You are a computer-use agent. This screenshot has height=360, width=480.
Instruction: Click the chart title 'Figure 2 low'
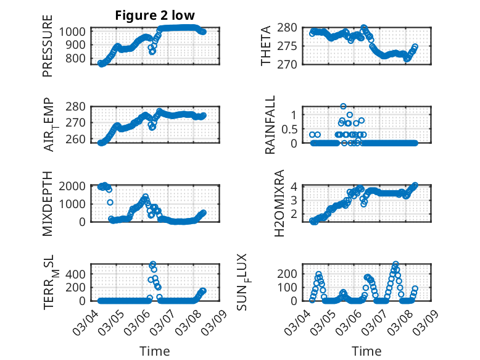[x=155, y=15]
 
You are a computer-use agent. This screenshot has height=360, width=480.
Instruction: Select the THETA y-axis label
[x=266, y=46]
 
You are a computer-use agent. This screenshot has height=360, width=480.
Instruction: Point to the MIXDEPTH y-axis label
[x=48, y=203]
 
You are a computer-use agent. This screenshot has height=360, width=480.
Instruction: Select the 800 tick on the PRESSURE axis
[x=78, y=59]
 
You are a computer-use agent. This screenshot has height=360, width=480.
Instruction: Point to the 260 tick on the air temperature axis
[x=78, y=139]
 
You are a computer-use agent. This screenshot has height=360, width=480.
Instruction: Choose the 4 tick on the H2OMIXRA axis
[x=294, y=186]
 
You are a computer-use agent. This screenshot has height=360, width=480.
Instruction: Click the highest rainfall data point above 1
[x=343, y=106]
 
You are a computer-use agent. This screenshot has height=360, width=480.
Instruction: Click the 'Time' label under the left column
[x=155, y=351]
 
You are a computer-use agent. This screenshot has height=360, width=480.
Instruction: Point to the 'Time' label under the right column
[x=366, y=351]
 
